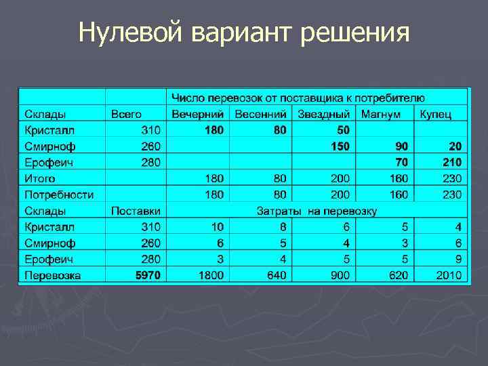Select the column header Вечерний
click(x=198, y=114)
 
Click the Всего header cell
click(x=126, y=114)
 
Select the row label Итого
click(x=41, y=178)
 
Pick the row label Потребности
click(x=59, y=195)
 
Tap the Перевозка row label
click(x=53, y=275)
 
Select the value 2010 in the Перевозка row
click(x=449, y=275)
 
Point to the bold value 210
click(x=451, y=162)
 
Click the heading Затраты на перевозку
click(x=316, y=211)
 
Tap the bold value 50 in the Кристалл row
click(x=343, y=129)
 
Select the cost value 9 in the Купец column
click(x=458, y=259)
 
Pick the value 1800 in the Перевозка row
click(x=211, y=275)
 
